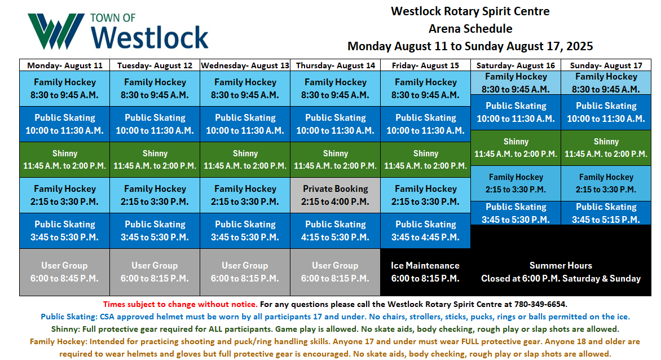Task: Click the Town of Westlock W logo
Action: click(x=56, y=31)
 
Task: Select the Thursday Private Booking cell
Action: click(x=335, y=195)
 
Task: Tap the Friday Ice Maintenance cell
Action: click(x=425, y=272)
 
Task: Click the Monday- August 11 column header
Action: click(x=64, y=65)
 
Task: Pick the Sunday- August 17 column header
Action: click(x=606, y=65)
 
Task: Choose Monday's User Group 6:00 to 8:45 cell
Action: click(x=64, y=272)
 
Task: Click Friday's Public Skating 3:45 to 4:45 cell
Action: click(x=425, y=231)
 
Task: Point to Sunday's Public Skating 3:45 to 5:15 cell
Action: click(x=606, y=213)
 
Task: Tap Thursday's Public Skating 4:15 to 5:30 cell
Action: click(x=335, y=231)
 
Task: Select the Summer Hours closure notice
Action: click(x=561, y=272)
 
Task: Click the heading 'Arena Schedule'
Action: click(x=470, y=29)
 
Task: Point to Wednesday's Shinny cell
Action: click(x=245, y=159)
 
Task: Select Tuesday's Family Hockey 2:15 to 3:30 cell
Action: click(x=155, y=195)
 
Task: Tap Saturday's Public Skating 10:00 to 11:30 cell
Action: click(x=515, y=112)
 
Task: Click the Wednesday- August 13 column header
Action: click(x=245, y=65)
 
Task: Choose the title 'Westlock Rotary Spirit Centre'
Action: click(x=470, y=11)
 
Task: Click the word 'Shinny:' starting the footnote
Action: click(x=65, y=329)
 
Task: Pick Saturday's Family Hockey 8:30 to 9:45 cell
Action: click(x=515, y=82)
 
